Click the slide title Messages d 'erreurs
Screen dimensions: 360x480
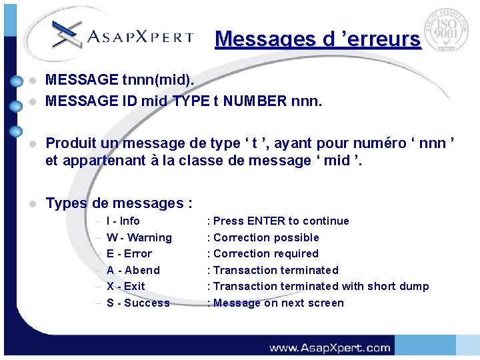[x=318, y=39]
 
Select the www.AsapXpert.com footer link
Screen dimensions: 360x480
[x=329, y=347]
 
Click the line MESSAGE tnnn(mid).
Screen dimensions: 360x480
[x=120, y=80]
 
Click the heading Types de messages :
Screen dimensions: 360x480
[x=119, y=203]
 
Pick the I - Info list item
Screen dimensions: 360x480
[x=123, y=221]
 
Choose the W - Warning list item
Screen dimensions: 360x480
[x=139, y=237]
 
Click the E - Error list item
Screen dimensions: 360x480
[x=129, y=253]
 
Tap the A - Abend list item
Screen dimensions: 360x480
[x=133, y=270]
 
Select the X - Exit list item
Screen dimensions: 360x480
[x=125, y=286]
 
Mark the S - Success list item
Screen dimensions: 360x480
[x=138, y=303]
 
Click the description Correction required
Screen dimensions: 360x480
[x=265, y=253]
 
